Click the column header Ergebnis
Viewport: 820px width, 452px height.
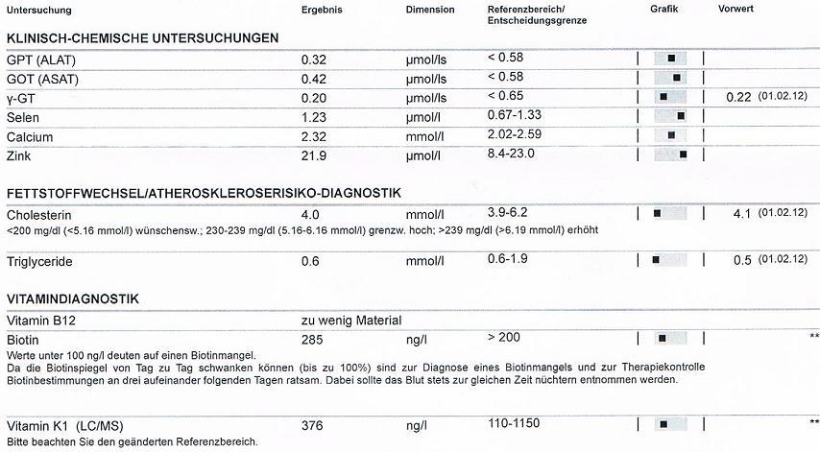point(321,9)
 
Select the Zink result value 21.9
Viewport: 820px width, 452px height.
point(314,155)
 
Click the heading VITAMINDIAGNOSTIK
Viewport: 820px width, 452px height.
point(72,299)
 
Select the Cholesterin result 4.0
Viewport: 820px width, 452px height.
point(309,214)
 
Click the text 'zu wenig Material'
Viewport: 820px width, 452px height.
point(350,321)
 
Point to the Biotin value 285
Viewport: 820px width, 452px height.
point(312,340)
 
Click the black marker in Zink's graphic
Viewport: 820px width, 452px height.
point(683,154)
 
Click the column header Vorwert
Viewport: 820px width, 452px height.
point(736,9)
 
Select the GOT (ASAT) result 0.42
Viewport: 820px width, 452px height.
point(314,79)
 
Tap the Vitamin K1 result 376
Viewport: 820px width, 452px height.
point(312,425)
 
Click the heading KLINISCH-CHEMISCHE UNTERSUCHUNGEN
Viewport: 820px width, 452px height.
point(142,38)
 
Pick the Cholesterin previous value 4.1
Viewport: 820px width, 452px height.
point(741,213)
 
